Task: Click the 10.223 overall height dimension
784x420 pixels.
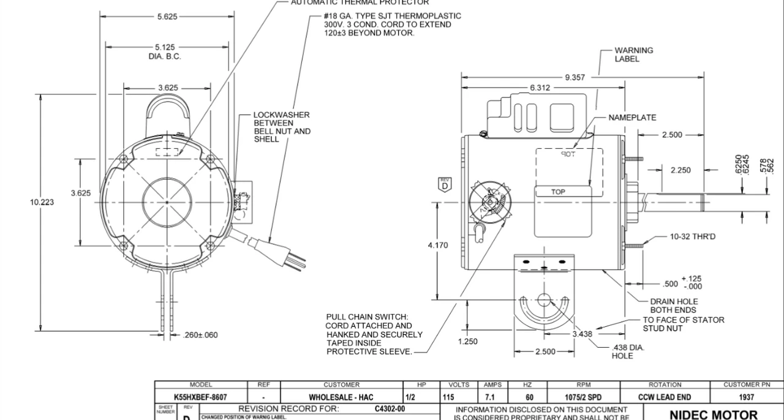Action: point(42,202)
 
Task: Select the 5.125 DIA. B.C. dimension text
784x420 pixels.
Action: point(165,51)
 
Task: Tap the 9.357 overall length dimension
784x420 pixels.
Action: point(575,77)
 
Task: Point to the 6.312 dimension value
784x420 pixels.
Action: point(540,88)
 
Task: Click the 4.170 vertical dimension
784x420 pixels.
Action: point(437,245)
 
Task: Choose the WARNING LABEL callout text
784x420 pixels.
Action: point(633,54)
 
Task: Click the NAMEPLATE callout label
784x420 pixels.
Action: point(632,118)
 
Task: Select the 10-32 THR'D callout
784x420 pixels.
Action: point(692,236)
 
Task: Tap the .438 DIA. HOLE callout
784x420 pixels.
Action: point(628,351)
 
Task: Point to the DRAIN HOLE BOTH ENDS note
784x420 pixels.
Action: point(674,306)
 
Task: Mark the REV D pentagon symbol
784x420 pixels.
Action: point(445,184)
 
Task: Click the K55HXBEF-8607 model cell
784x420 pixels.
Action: point(200,397)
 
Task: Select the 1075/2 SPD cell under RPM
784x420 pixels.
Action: point(583,397)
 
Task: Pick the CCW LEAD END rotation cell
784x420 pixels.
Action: point(665,397)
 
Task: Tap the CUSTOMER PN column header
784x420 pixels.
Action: point(746,384)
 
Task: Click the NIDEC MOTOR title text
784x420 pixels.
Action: point(713,414)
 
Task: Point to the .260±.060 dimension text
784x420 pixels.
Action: point(200,335)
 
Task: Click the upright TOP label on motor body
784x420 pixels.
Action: point(558,192)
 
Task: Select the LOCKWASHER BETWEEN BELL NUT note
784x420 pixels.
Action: point(282,127)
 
